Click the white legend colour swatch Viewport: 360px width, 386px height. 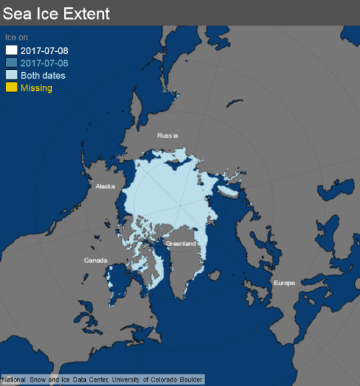12,50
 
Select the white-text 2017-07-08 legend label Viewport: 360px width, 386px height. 45,51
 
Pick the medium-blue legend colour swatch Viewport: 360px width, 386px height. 12,63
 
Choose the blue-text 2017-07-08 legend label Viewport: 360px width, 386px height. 45,63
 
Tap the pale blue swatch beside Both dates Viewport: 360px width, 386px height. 12,75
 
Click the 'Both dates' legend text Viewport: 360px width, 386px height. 43,76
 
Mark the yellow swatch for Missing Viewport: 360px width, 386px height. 12,88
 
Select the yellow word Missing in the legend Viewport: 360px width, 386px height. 36,88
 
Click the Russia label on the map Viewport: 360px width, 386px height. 167,135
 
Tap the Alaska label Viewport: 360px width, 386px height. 105,186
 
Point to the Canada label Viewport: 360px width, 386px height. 95,260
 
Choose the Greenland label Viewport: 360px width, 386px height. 180,244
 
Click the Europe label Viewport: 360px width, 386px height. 284,283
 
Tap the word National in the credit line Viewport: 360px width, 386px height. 15,380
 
